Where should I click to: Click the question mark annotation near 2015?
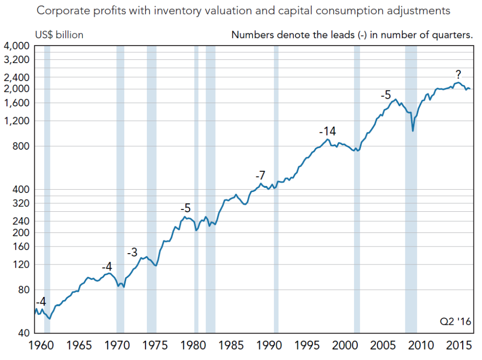click(458, 74)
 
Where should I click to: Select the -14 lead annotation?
click(328, 131)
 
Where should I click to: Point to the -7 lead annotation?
click(260, 176)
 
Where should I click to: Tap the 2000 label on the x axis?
click(345, 346)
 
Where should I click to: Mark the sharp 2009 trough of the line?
click(413, 131)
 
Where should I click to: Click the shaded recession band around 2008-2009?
click(411, 212)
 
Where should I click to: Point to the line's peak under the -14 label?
click(328, 139)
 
